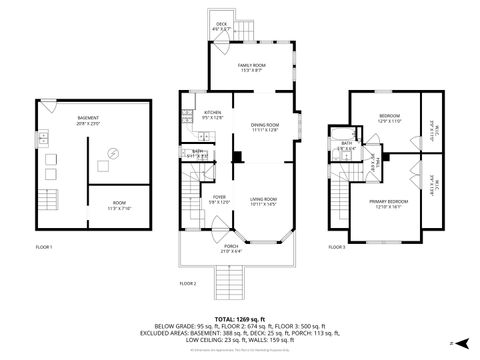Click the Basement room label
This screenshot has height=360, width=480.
87,119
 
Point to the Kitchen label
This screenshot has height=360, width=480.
213,114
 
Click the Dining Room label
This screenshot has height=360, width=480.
264,127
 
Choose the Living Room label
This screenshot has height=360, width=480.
263,202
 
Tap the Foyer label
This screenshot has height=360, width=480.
219,199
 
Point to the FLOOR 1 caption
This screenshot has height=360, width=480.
44,246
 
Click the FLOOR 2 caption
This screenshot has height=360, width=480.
188,284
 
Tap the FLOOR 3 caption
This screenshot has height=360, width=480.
337,246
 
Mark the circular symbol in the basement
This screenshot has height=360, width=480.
113,153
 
